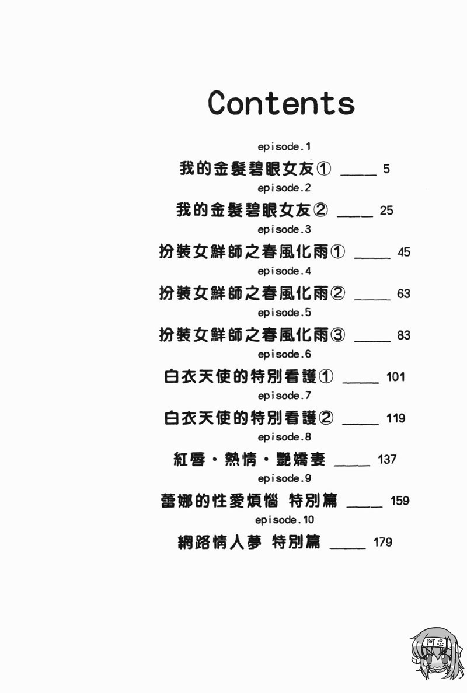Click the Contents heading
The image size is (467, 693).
click(x=281, y=103)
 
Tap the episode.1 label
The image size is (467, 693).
click(x=286, y=146)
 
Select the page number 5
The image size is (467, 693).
click(x=386, y=170)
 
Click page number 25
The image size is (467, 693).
click(x=386, y=211)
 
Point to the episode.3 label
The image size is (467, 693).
click(x=286, y=229)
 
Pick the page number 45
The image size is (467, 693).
click(x=403, y=253)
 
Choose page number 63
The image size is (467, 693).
click(x=403, y=294)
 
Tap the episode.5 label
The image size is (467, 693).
click(x=286, y=313)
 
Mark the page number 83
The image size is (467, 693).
click(x=403, y=335)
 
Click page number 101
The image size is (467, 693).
click(x=395, y=377)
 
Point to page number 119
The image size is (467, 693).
click(x=396, y=418)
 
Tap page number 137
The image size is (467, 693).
click(x=387, y=460)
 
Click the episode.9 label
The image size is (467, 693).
click(x=286, y=478)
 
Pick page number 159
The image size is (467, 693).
click(x=400, y=501)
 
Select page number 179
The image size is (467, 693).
click(x=382, y=542)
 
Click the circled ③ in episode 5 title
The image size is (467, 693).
click(x=337, y=335)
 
